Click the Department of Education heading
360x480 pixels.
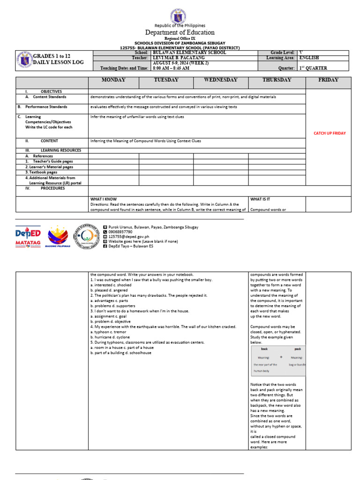pyautogui.click(x=180, y=32)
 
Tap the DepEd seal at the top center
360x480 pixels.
pyautogui.click(x=180, y=13)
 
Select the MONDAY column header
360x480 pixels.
pyautogui.click(x=113, y=80)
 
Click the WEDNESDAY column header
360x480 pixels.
pyautogui.click(x=220, y=80)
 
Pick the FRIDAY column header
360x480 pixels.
pyautogui.click(x=328, y=80)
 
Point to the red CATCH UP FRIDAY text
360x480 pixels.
pyautogui.click(x=330, y=133)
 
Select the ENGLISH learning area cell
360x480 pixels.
pyautogui.click(x=309, y=58)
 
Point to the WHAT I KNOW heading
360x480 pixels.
pyautogui.click(x=104, y=199)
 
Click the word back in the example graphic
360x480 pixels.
pyautogui.click(x=264, y=349)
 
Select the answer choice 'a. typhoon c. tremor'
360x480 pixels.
pyautogui.click(x=110, y=332)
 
